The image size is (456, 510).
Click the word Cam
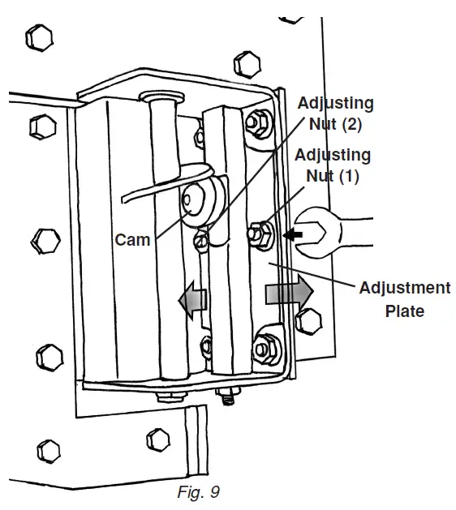point(132,240)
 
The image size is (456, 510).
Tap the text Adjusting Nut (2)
point(335,113)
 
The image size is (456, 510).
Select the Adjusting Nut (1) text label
point(333,164)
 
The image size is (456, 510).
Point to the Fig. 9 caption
point(197,491)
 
